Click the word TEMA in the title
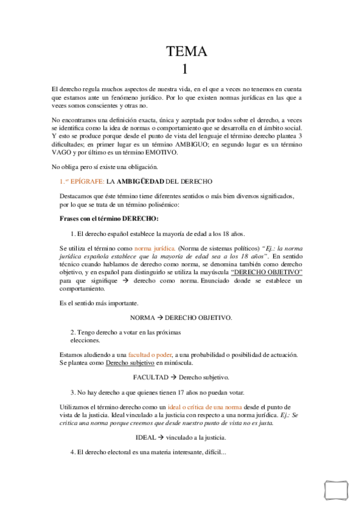click(187, 52)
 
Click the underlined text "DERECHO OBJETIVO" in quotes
click(267, 272)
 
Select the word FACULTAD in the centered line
click(150, 377)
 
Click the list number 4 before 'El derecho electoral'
click(72, 452)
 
